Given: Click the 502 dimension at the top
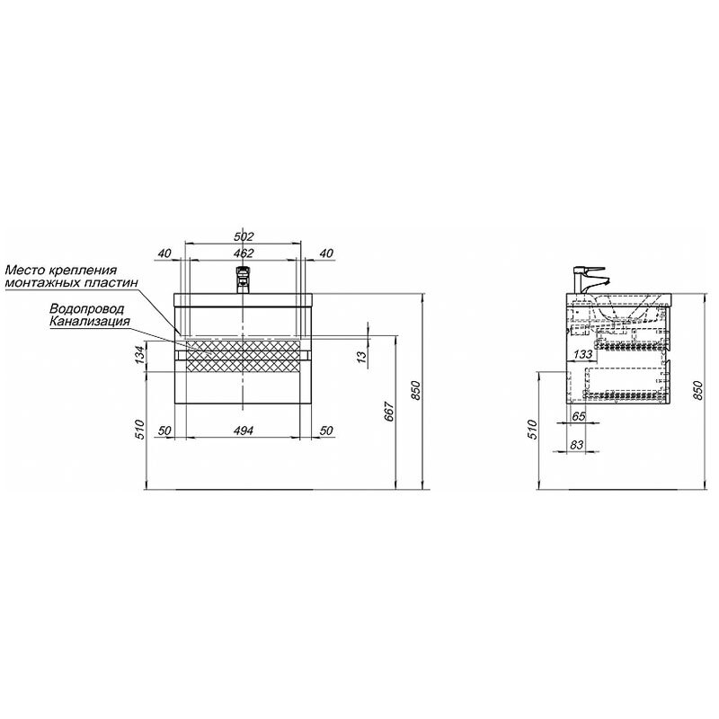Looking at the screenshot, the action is pyautogui.click(x=244, y=236).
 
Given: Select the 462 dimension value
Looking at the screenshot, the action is pyautogui.click(x=244, y=253).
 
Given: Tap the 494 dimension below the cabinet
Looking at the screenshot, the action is pyautogui.click(x=244, y=431).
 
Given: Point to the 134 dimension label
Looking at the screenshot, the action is pyautogui.click(x=140, y=354).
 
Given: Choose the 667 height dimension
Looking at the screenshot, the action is pyautogui.click(x=389, y=411).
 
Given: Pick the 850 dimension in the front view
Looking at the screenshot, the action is pyautogui.click(x=415, y=390).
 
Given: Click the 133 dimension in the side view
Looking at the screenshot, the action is pyautogui.click(x=583, y=354).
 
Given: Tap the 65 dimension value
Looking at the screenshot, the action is pyautogui.click(x=580, y=416).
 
